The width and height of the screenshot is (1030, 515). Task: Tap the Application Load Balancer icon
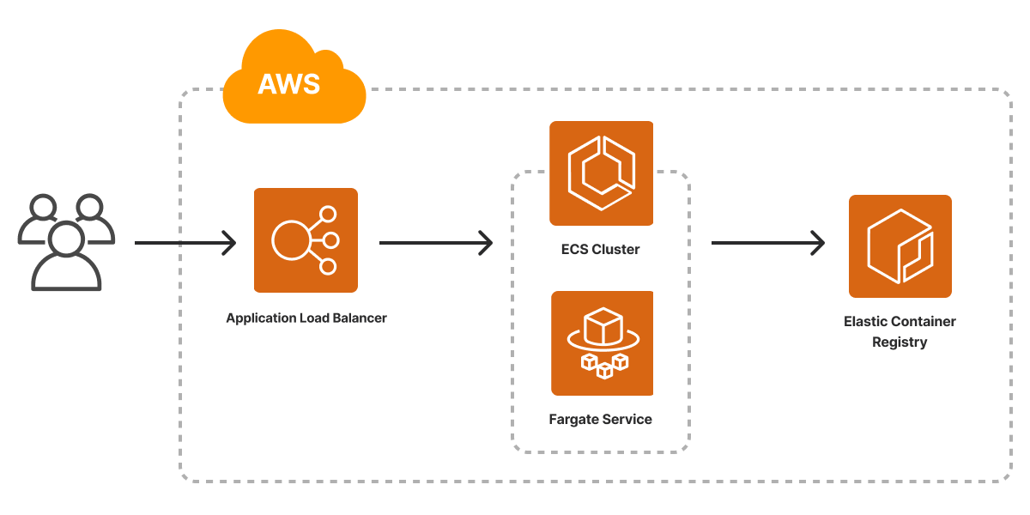[x=306, y=240]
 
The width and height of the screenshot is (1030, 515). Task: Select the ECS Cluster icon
[x=601, y=173]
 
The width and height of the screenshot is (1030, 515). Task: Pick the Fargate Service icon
[x=602, y=343]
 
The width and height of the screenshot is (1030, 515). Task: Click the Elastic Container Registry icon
[x=900, y=246]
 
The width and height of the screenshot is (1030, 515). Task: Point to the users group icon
[x=66, y=242]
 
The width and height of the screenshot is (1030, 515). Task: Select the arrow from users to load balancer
[x=185, y=243]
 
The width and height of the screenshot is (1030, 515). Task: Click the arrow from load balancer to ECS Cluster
[x=436, y=243]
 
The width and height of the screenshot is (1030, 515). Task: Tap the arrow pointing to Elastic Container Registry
[x=767, y=243]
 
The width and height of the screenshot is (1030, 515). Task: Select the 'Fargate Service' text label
[x=600, y=420]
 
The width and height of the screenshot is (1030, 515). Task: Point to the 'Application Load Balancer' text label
[x=306, y=318]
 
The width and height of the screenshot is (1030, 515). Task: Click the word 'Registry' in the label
[x=900, y=342]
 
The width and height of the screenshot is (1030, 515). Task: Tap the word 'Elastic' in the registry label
[x=864, y=322]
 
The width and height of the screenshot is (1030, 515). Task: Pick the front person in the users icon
[x=66, y=257]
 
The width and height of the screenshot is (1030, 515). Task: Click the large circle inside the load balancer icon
[x=290, y=240]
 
